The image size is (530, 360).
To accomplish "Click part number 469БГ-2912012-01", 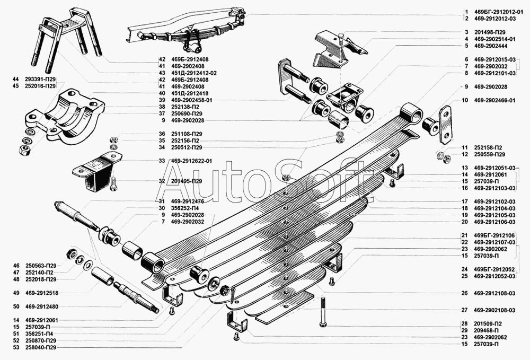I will pos(496,12).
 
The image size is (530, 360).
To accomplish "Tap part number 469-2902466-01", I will pos(496,100).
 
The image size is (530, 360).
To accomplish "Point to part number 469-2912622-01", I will pos(191,161).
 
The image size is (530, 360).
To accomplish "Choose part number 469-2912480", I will pos(42,306).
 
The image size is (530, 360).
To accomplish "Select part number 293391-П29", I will pos(40,79).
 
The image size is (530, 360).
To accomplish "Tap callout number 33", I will pos(161,161).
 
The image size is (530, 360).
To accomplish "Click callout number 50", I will pos(16,306).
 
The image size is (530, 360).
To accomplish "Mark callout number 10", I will pos(464,100).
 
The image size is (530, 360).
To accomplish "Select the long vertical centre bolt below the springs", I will pos(322,312).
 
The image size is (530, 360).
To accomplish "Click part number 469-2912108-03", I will pos(496,293).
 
